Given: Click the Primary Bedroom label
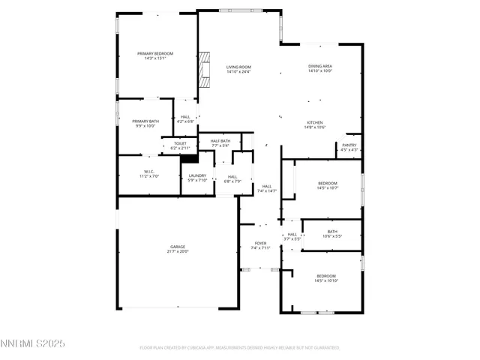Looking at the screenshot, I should [155, 54].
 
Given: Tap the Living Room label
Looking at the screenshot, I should [238, 67].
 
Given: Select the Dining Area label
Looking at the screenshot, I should [320, 67].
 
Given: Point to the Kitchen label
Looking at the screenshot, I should [315, 122].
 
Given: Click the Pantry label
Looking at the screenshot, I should [349, 145].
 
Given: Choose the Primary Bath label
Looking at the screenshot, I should [145, 121].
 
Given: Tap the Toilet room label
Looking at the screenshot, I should [180, 143].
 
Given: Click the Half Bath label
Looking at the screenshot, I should [220, 141].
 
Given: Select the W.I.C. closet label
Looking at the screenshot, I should [148, 172].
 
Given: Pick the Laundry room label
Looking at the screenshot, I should [197, 175].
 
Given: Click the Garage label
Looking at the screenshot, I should [177, 247].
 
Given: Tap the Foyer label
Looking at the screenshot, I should [260, 244].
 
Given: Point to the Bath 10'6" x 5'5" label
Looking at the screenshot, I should [332, 232].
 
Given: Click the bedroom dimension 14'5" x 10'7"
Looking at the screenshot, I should [328, 188].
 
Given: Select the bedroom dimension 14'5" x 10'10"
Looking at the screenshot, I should [326, 280].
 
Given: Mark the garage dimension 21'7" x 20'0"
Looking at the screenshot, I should [177, 251].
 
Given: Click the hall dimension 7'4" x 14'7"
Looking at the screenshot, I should [267, 191].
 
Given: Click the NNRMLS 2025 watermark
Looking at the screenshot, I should [33, 343].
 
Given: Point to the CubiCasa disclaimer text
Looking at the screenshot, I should [240, 348].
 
